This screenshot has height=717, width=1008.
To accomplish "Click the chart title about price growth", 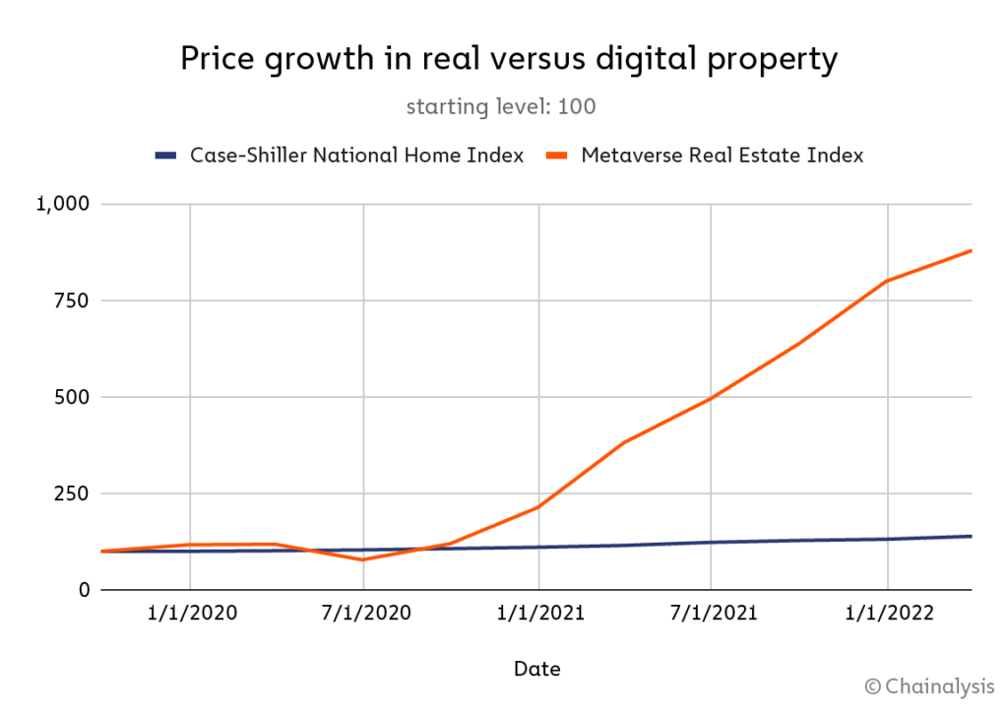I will pyautogui.click(x=508, y=59).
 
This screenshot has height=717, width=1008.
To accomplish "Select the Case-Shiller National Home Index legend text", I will pyautogui.click(x=356, y=156).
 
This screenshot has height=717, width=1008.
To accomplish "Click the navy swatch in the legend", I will pyautogui.click(x=166, y=156).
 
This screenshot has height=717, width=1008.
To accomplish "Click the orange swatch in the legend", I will pyautogui.click(x=558, y=156).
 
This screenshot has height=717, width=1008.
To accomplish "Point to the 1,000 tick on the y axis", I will pyautogui.click(x=62, y=204).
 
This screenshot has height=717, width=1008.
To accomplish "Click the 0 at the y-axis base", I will pyautogui.click(x=83, y=590).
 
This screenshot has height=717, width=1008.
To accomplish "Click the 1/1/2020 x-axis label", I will pyautogui.click(x=191, y=614).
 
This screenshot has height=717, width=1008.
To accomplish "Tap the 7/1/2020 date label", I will pyautogui.click(x=364, y=614).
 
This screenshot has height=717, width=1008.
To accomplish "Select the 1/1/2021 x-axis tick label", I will pyautogui.click(x=538, y=614).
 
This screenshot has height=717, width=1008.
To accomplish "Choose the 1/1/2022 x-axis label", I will pyautogui.click(x=888, y=614).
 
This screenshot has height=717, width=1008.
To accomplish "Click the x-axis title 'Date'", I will pyautogui.click(x=536, y=670).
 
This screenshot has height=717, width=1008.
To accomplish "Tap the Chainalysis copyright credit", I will pyautogui.click(x=929, y=686).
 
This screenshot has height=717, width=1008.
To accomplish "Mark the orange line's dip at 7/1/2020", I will pyautogui.click(x=364, y=559).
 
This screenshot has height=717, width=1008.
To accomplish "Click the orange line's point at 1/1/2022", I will pyautogui.click(x=888, y=281).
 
